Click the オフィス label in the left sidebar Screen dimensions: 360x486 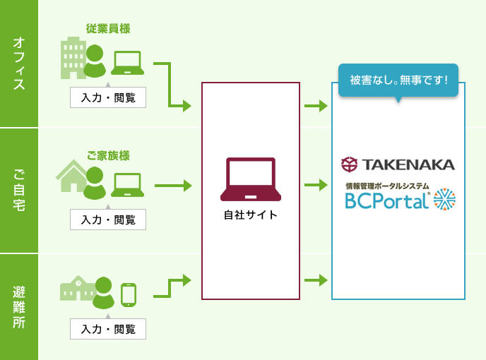[19, 64]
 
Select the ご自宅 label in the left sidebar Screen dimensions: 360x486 [19, 191]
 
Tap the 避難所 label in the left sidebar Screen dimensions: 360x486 [19, 307]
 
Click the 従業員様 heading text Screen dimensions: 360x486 [108, 29]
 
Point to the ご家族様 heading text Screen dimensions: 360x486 [108, 155]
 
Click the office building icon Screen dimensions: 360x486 [73, 57]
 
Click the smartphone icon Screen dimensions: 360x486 [128, 294]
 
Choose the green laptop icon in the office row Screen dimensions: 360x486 [128, 64]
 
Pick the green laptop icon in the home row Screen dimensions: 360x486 [128, 186]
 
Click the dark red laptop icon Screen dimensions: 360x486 [250, 179]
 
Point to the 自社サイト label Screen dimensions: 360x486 [250, 214]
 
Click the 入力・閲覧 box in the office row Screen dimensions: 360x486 [108, 97]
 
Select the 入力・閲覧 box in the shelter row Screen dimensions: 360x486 [108, 328]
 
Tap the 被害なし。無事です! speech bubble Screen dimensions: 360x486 [398, 80]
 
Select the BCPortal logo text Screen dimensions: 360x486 [386, 200]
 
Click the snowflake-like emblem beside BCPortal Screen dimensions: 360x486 [445, 200]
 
